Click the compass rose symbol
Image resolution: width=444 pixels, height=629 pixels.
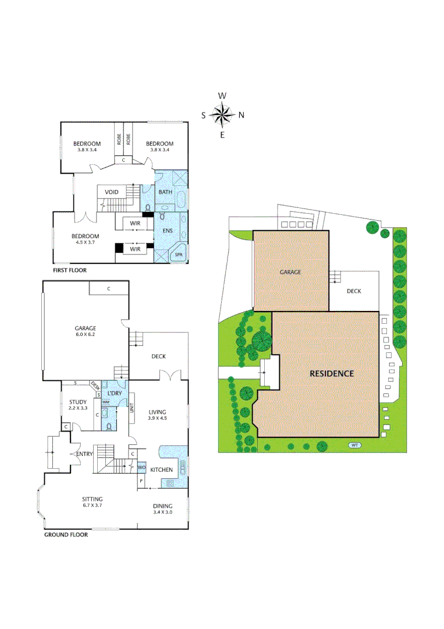pyautogui.click(x=222, y=115)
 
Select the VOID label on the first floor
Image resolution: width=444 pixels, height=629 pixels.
pyautogui.click(x=112, y=192)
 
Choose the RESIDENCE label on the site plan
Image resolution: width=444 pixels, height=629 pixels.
pyautogui.click(x=331, y=373)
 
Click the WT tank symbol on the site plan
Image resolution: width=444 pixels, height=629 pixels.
pyautogui.click(x=354, y=446)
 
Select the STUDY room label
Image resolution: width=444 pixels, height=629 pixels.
pyautogui.click(x=77, y=402)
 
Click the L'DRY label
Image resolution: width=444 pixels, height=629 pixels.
pyautogui.click(x=114, y=394)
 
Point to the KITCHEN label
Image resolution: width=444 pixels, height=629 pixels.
pyautogui.click(x=161, y=469)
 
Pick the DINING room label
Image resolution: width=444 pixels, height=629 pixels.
pyautogui.click(x=162, y=506)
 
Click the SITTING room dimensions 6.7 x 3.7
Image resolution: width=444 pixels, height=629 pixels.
pyautogui.click(x=93, y=506)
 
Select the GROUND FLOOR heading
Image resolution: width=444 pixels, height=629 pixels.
pyautogui.click(x=66, y=535)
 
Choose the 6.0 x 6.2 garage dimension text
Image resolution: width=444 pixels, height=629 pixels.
pyautogui.click(x=85, y=334)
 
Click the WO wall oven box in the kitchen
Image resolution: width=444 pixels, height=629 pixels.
pyautogui.click(x=141, y=468)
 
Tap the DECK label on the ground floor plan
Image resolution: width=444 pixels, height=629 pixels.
pyautogui.click(x=159, y=356)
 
